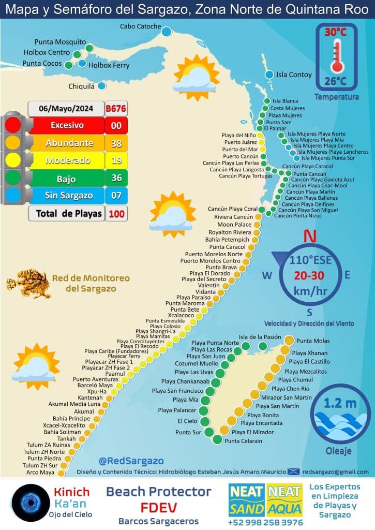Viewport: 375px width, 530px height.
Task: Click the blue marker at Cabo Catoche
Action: [166, 32]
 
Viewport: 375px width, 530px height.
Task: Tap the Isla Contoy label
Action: [294, 75]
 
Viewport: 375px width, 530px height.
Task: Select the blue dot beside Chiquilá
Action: [102, 86]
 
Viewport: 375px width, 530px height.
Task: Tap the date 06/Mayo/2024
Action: [66, 109]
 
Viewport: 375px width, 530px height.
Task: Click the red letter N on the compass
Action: [310, 237]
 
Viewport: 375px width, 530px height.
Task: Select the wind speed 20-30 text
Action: [310, 275]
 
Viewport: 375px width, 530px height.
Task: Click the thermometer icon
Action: [337, 56]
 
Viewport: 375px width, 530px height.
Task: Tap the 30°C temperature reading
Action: [336, 32]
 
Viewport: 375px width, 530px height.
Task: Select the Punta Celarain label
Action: [244, 441]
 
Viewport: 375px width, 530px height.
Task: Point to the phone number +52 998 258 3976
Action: [265, 523]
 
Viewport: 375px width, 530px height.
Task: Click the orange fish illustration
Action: [26, 283]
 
